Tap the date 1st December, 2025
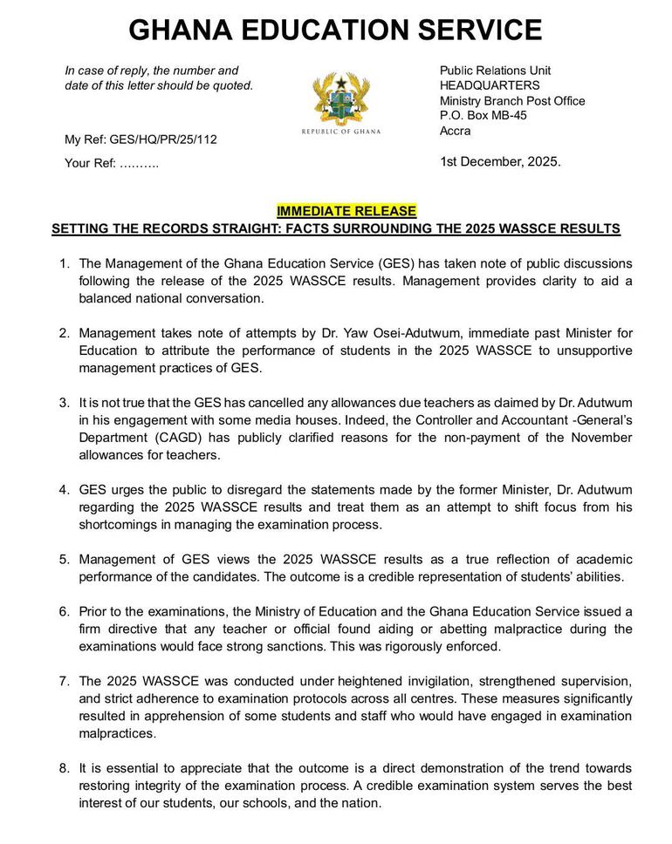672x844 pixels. click(x=500, y=161)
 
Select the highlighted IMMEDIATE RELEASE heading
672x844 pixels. click(x=346, y=211)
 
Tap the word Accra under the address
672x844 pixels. click(x=455, y=131)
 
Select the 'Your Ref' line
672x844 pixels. click(x=112, y=163)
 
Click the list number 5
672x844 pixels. click(x=65, y=559)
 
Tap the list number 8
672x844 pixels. click(x=65, y=768)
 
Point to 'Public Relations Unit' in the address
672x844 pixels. click(x=495, y=70)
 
